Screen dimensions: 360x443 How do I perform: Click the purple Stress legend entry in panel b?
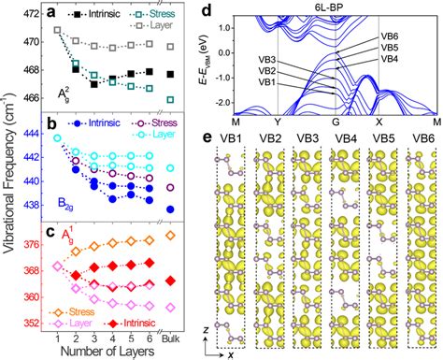click(x=155, y=122)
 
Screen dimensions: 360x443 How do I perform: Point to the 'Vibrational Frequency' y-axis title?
click(x=8, y=168)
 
